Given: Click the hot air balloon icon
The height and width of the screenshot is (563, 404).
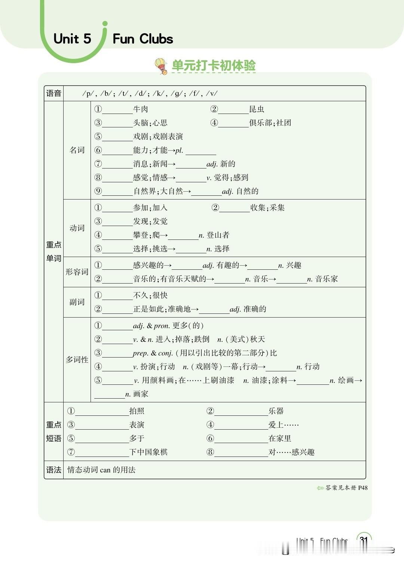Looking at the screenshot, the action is click(162, 66).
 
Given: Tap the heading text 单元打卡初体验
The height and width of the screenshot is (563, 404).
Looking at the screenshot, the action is click(214, 65).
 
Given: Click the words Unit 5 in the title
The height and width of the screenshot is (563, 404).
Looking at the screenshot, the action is click(72, 39).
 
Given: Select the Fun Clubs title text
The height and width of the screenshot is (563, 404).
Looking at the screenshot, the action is click(143, 39).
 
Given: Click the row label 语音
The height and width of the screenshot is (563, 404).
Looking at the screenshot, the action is click(53, 93).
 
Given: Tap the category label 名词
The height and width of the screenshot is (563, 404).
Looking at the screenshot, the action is click(77, 150).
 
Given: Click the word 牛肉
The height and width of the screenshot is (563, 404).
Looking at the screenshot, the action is click(141, 109).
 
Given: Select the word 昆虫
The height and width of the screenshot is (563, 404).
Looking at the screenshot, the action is click(257, 109).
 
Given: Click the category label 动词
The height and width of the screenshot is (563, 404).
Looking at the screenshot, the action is click(77, 228).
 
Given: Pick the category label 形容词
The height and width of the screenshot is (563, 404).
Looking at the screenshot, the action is click(77, 272).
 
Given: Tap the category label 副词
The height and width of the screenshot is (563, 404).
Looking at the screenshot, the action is click(77, 302).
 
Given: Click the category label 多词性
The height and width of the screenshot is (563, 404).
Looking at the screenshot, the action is click(77, 360).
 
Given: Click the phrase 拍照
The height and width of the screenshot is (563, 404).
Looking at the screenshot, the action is click(137, 411).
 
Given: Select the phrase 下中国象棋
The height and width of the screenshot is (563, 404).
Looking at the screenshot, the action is click(148, 452).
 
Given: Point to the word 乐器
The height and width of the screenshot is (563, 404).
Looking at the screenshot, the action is click(276, 411).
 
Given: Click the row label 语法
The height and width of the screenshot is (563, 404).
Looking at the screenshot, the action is click(53, 470).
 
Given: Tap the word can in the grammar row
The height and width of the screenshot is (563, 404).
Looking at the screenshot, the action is click(105, 470).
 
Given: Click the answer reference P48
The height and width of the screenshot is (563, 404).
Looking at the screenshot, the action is click(362, 488).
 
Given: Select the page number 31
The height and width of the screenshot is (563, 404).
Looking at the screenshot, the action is click(364, 540).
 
